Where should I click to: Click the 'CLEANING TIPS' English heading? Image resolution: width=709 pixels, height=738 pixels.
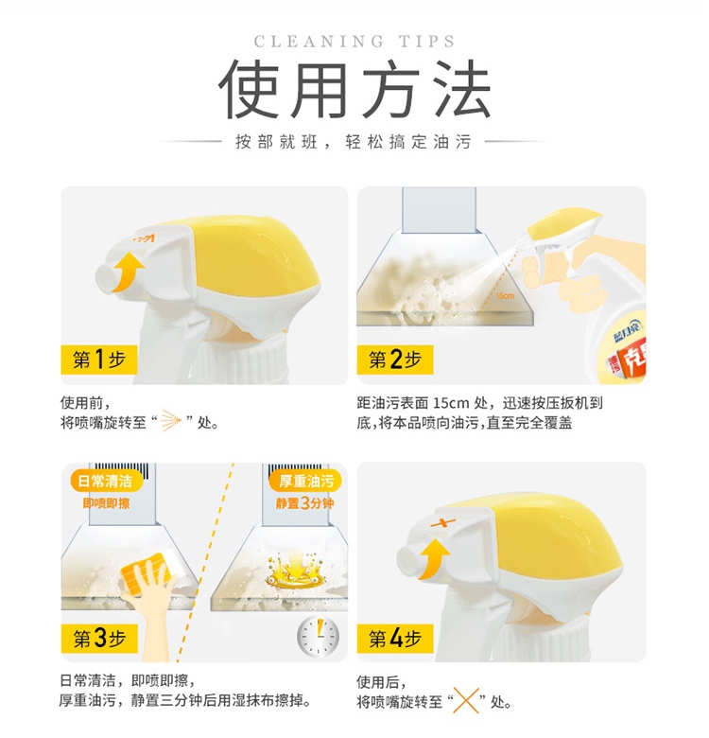tap(354, 42)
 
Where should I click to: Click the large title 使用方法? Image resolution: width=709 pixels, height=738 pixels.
tap(354, 90)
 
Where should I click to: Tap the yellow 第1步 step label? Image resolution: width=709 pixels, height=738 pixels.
tap(98, 360)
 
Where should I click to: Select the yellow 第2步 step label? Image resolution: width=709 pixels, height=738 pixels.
tap(395, 360)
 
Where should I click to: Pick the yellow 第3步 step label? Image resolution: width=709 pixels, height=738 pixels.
tap(99, 639)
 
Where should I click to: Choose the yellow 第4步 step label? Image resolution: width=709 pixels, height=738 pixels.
tap(395, 639)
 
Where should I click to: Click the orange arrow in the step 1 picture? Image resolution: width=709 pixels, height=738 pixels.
tap(126, 272)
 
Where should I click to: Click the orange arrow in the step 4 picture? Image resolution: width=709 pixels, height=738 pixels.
tap(433, 558)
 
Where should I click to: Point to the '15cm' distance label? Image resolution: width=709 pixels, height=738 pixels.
tap(506, 296)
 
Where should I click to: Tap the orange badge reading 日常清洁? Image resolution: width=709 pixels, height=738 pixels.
tap(105, 481)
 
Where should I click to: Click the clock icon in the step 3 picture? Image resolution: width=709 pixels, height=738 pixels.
tap(319, 637)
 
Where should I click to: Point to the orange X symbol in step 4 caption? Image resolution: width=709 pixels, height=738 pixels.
tap(466, 700)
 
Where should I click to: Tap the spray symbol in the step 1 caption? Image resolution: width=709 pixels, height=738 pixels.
tap(171, 420)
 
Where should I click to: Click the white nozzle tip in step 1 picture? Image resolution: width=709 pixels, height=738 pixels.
tap(107, 278)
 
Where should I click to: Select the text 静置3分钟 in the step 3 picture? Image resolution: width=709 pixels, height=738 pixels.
tap(304, 503)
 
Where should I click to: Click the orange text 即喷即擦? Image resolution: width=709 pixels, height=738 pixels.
tap(106, 503)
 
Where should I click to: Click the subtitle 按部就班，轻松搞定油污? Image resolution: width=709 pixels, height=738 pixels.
tap(354, 142)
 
